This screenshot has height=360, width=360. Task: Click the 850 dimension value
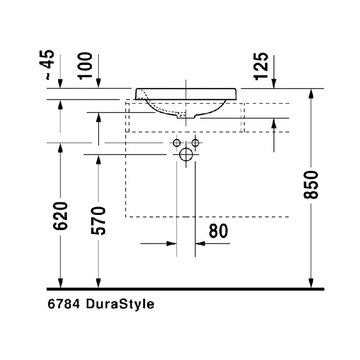311,185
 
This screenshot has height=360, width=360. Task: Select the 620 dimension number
61,216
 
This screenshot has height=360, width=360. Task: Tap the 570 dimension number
98,221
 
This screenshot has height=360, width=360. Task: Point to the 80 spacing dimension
218,231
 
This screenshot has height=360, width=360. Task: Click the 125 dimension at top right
261,66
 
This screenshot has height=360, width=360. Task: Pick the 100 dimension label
85,66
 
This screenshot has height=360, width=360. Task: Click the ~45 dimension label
47,65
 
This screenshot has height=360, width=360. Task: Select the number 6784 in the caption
64,304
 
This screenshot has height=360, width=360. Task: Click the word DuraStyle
120,305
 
